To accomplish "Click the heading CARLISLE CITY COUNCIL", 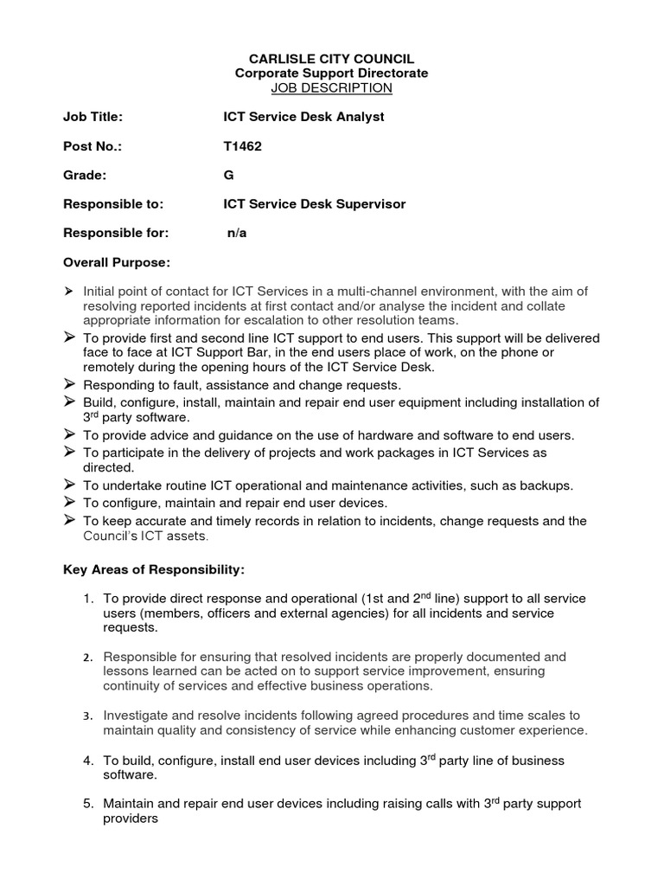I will [331, 59].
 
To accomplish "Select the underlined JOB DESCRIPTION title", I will [331, 88].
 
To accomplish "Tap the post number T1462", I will [242, 146].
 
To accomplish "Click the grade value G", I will [228, 176].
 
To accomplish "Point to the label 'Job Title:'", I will [93, 117].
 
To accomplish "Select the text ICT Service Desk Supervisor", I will [314, 205].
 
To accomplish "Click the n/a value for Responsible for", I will [237, 234].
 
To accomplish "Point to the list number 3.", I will [88, 716].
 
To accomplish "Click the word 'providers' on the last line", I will [131, 819].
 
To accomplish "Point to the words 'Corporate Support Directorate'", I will [331, 74].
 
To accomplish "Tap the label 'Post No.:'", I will [93, 146].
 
